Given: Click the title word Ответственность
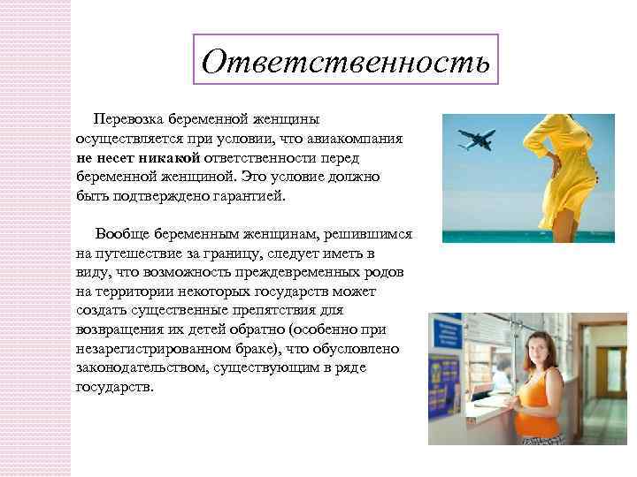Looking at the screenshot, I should (x=344, y=60).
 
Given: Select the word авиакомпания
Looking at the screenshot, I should (x=358, y=138).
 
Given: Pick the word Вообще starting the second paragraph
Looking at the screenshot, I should (x=124, y=233).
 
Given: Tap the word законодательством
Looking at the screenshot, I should (x=141, y=368).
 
